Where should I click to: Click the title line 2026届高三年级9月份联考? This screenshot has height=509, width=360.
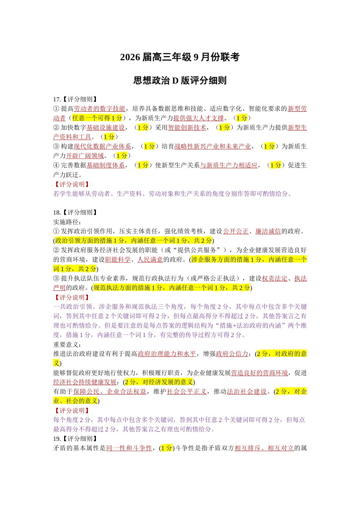tap(180, 57)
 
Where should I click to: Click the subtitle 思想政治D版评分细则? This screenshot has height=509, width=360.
tap(180, 80)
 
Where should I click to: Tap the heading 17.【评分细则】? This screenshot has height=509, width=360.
tap(75, 99)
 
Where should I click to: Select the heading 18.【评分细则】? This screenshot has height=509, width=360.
tap(75, 212)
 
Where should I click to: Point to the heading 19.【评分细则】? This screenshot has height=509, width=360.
tap(75, 439)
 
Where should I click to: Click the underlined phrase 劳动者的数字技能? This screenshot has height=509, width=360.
tap(99, 109)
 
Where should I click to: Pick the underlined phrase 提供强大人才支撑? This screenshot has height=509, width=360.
tap(198, 118)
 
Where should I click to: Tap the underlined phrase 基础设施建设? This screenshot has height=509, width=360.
tap(105, 128)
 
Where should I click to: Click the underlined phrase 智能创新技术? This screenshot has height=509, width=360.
tap(187, 128)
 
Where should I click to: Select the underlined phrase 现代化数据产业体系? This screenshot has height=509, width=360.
tap(102, 147)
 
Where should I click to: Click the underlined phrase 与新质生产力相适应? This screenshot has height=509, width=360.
tap(229, 165)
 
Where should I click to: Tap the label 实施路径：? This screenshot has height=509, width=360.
tap(67, 222)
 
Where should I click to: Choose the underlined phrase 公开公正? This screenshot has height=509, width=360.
tap(236, 231)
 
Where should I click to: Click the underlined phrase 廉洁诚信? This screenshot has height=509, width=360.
tap(268, 231)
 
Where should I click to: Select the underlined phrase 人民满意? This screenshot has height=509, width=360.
tap(150, 259)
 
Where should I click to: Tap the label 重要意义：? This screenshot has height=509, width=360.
tap(67, 344)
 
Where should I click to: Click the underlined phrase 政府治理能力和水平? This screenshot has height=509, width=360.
tap(167, 354)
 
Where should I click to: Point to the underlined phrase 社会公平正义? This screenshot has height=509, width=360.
tap(186, 392)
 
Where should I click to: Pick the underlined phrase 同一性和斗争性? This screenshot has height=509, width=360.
tap(129, 448)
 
